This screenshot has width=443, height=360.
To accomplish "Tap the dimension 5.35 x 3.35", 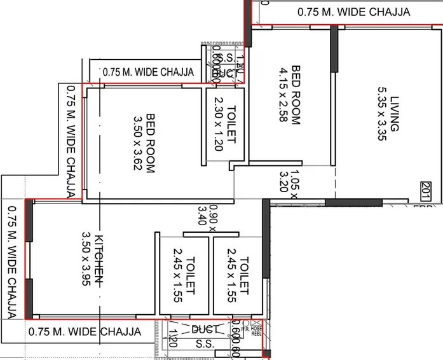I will (381, 113).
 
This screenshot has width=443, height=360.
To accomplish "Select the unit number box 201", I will (426, 189).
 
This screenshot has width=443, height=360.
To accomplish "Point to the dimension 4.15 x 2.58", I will (283, 94).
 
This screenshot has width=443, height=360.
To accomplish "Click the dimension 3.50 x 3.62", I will (138, 143).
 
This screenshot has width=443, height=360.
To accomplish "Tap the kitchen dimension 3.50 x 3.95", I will (86, 260).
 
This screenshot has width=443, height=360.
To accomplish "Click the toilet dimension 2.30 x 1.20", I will (219, 123).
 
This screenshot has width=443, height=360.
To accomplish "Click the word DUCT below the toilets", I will (206, 329).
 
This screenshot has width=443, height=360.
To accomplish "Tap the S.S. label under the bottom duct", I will (205, 343).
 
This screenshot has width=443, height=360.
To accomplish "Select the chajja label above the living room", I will (354, 12).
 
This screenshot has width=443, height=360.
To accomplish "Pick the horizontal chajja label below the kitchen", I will (85, 331).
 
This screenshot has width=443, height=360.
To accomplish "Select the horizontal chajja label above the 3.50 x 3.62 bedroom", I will (147, 72).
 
